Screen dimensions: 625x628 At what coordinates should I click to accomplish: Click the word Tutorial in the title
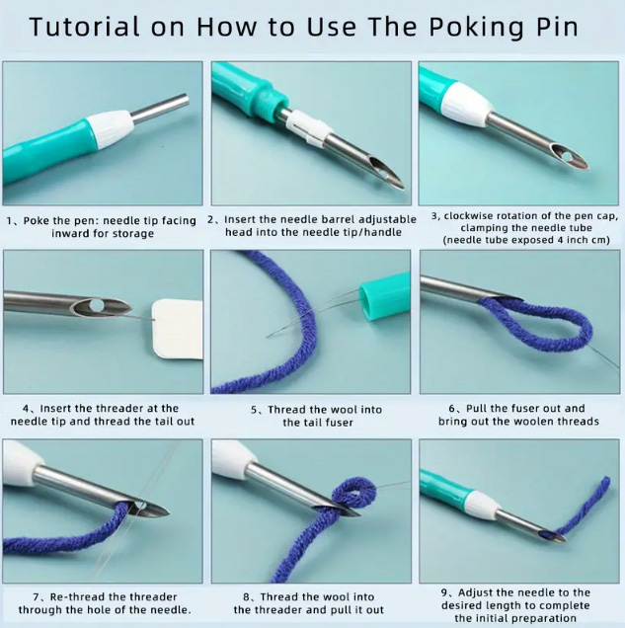(x=85, y=28)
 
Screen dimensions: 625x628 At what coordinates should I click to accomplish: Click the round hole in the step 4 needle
(x=97, y=305)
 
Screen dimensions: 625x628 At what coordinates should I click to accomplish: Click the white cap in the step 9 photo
(x=479, y=504)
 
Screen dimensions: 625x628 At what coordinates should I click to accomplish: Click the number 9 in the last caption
(x=444, y=592)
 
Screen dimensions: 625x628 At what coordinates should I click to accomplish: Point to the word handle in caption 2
(x=383, y=232)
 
